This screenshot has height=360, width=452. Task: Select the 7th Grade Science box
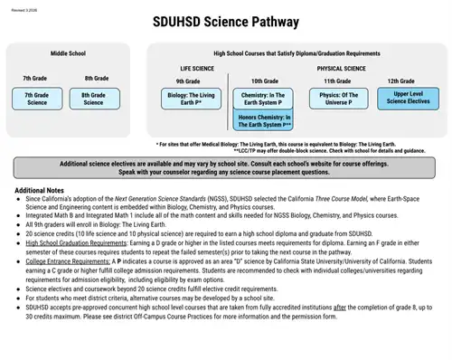(36, 98)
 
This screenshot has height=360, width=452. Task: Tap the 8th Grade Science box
(94, 98)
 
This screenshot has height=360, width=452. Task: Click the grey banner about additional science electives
(225, 168)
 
